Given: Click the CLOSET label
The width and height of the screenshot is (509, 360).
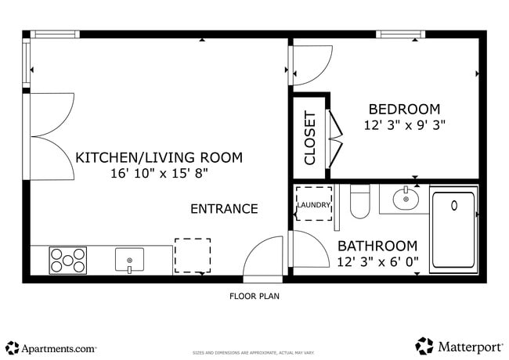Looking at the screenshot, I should [x=310, y=138].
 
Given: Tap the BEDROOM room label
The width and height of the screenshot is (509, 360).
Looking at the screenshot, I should [x=404, y=110].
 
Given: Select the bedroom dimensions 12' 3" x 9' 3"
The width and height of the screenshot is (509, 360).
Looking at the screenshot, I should [x=404, y=124].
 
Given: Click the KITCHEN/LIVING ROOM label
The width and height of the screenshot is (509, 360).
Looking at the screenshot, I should [x=159, y=157].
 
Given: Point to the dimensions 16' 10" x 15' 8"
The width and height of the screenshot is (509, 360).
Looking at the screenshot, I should [x=159, y=173].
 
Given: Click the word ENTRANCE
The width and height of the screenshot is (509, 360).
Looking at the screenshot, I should [x=224, y=208].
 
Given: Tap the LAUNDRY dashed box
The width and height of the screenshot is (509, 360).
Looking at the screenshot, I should [x=313, y=205].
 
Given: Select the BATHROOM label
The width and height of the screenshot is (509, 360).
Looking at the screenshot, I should [x=377, y=246].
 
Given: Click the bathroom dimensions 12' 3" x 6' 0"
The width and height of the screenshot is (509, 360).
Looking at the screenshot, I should [x=377, y=261].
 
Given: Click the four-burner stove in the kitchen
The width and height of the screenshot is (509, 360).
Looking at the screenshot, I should [x=68, y=260].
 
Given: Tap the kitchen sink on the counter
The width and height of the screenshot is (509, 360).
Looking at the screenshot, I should [x=129, y=258].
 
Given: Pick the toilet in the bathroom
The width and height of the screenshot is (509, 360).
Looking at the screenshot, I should [x=359, y=202].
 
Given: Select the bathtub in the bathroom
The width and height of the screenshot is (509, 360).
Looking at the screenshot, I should [x=453, y=229].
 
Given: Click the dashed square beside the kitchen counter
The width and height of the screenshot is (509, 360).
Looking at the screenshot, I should [x=192, y=255].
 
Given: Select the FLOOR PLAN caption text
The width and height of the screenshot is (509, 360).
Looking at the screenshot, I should [x=254, y=297].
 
